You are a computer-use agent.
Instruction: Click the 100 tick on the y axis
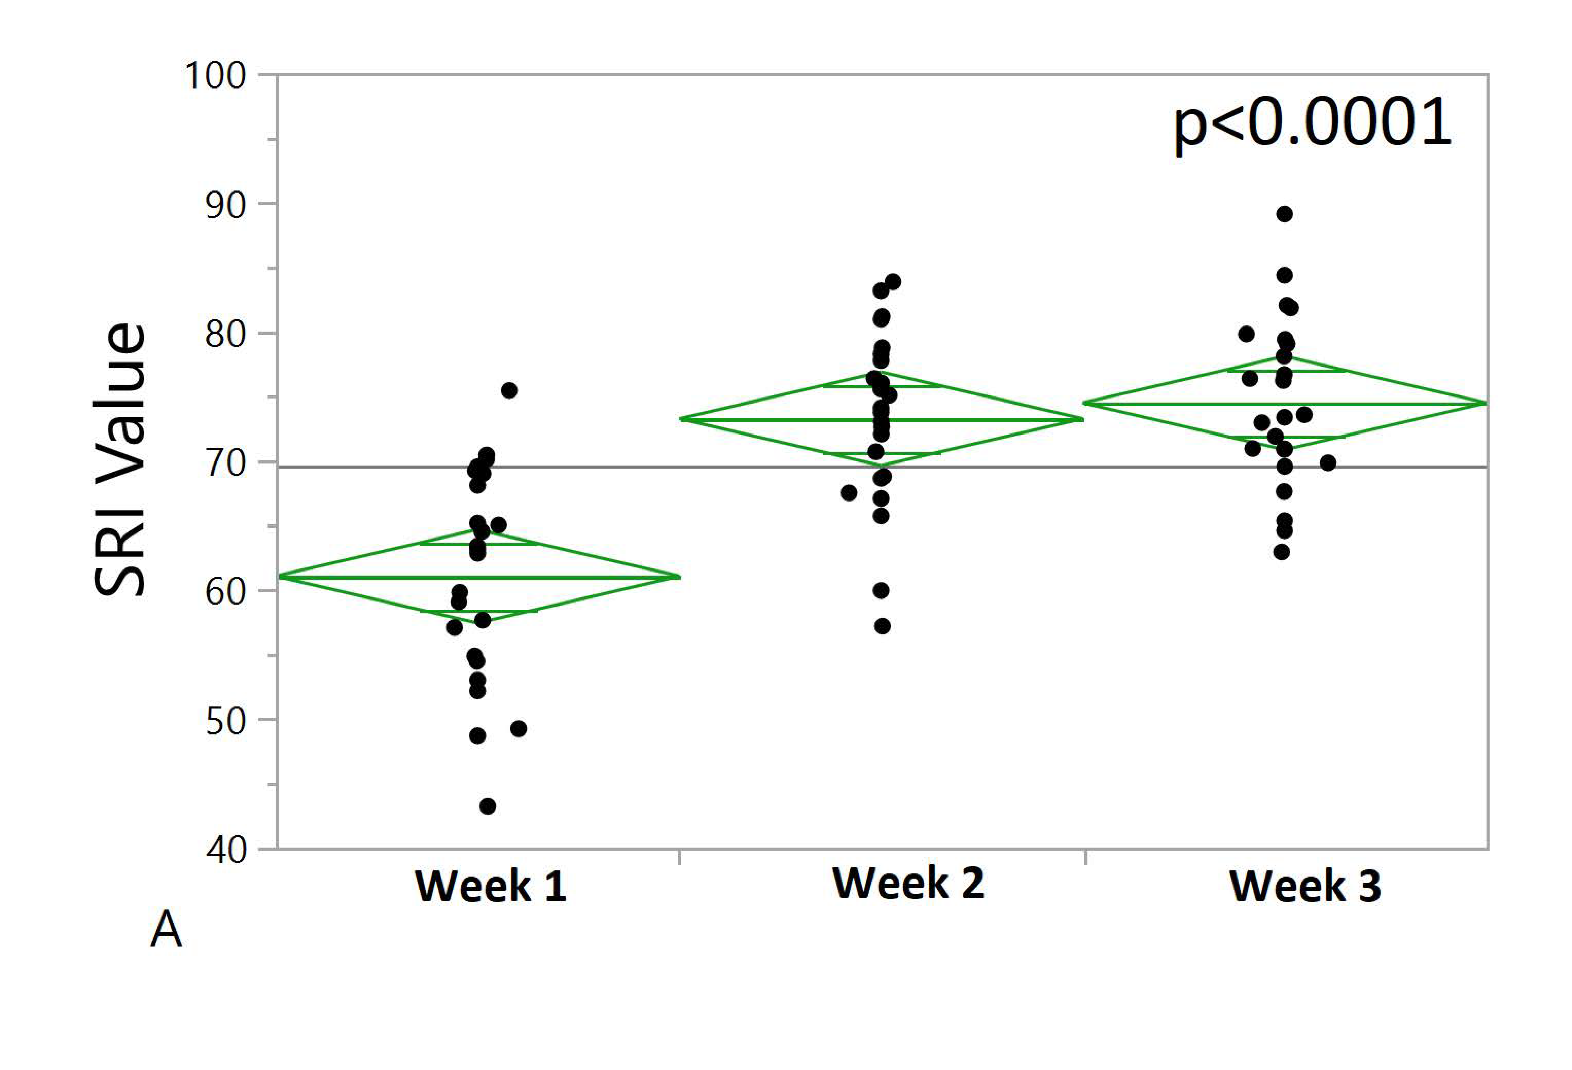[215, 76]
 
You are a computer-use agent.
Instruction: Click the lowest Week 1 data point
[487, 806]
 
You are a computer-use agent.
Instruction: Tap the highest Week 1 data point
[509, 390]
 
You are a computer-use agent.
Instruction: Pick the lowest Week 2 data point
[882, 626]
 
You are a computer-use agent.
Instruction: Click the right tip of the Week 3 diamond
[1485, 403]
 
